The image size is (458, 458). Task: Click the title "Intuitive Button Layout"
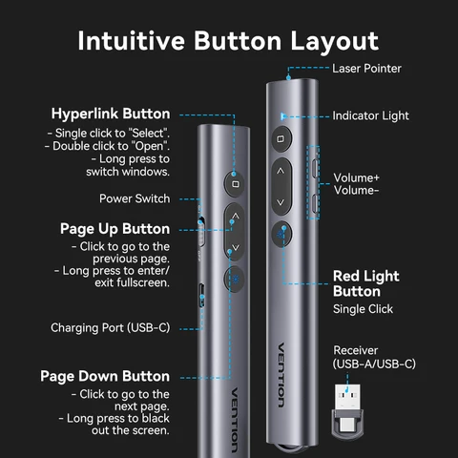pyautogui.click(x=228, y=41)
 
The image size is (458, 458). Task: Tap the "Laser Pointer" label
pyautogui.click(x=366, y=69)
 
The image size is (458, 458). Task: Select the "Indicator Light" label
pyautogui.click(x=370, y=115)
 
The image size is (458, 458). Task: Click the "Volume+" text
pyautogui.click(x=356, y=177)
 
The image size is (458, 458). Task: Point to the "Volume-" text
pyautogui.click(x=356, y=191)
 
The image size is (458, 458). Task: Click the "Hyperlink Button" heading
pyautogui.click(x=111, y=114)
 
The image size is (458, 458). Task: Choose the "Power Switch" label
pyautogui.click(x=135, y=198)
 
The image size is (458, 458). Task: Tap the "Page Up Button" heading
pyautogui.click(x=114, y=229)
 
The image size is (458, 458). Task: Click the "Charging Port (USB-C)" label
pyautogui.click(x=110, y=327)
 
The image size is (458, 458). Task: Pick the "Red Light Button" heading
pyautogui.click(x=365, y=283)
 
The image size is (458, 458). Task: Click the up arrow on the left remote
pyautogui.click(x=235, y=219)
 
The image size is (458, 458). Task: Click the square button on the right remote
pyautogui.click(x=280, y=139)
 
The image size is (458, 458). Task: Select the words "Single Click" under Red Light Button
pyautogui.click(x=363, y=309)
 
